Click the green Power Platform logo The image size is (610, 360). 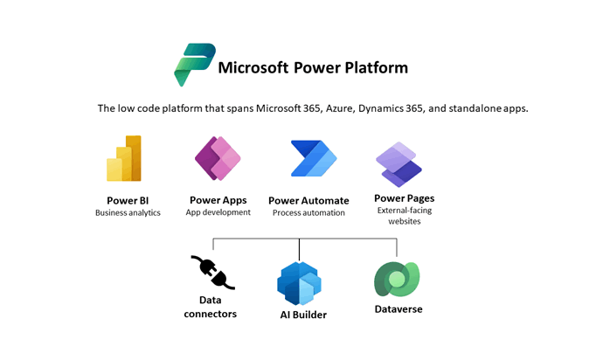point(194,64)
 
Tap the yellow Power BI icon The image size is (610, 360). point(124,158)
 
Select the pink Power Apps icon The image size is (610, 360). point(218,158)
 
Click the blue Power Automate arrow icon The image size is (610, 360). point(314,158)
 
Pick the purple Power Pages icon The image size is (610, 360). point(399,164)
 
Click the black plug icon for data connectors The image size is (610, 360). point(212,272)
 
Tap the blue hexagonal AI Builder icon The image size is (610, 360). point(299,283)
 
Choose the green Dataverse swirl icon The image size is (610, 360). point(397,279)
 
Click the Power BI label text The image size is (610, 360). point(128,201)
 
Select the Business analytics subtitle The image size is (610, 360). point(128,212)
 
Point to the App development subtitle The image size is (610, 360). point(218,212)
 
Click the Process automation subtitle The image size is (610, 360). point(308,212)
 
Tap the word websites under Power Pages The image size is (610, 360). point(405,221)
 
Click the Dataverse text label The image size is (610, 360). point(399,309)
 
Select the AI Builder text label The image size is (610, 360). point(303,315)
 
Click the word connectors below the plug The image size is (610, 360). point(210,314)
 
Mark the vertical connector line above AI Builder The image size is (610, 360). point(299,249)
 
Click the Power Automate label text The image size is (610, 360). point(308,201)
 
